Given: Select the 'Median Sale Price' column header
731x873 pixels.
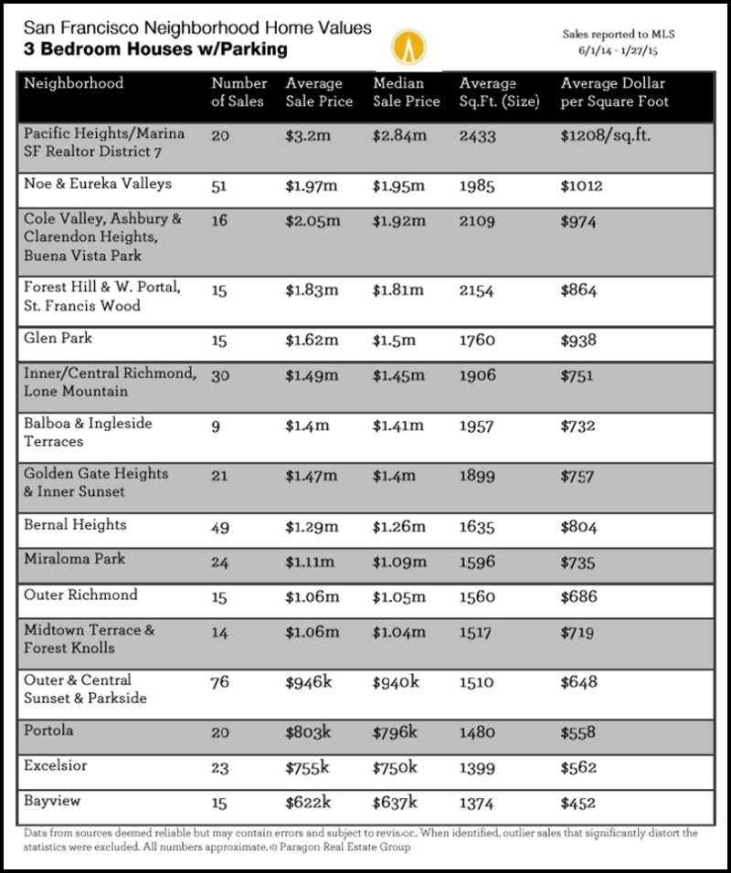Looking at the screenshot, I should click(x=407, y=92).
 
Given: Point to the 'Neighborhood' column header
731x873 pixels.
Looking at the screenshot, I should click(x=74, y=84).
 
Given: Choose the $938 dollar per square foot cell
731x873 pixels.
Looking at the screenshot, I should click(x=578, y=340).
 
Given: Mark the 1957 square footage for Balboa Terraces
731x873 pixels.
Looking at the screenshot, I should click(x=477, y=426).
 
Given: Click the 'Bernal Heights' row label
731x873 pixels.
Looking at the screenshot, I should click(x=76, y=525).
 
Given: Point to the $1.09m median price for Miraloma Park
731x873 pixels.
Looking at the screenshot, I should click(x=399, y=561).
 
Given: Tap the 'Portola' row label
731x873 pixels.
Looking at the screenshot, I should click(x=51, y=731).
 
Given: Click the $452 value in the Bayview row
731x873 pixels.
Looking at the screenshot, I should click(x=578, y=804).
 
